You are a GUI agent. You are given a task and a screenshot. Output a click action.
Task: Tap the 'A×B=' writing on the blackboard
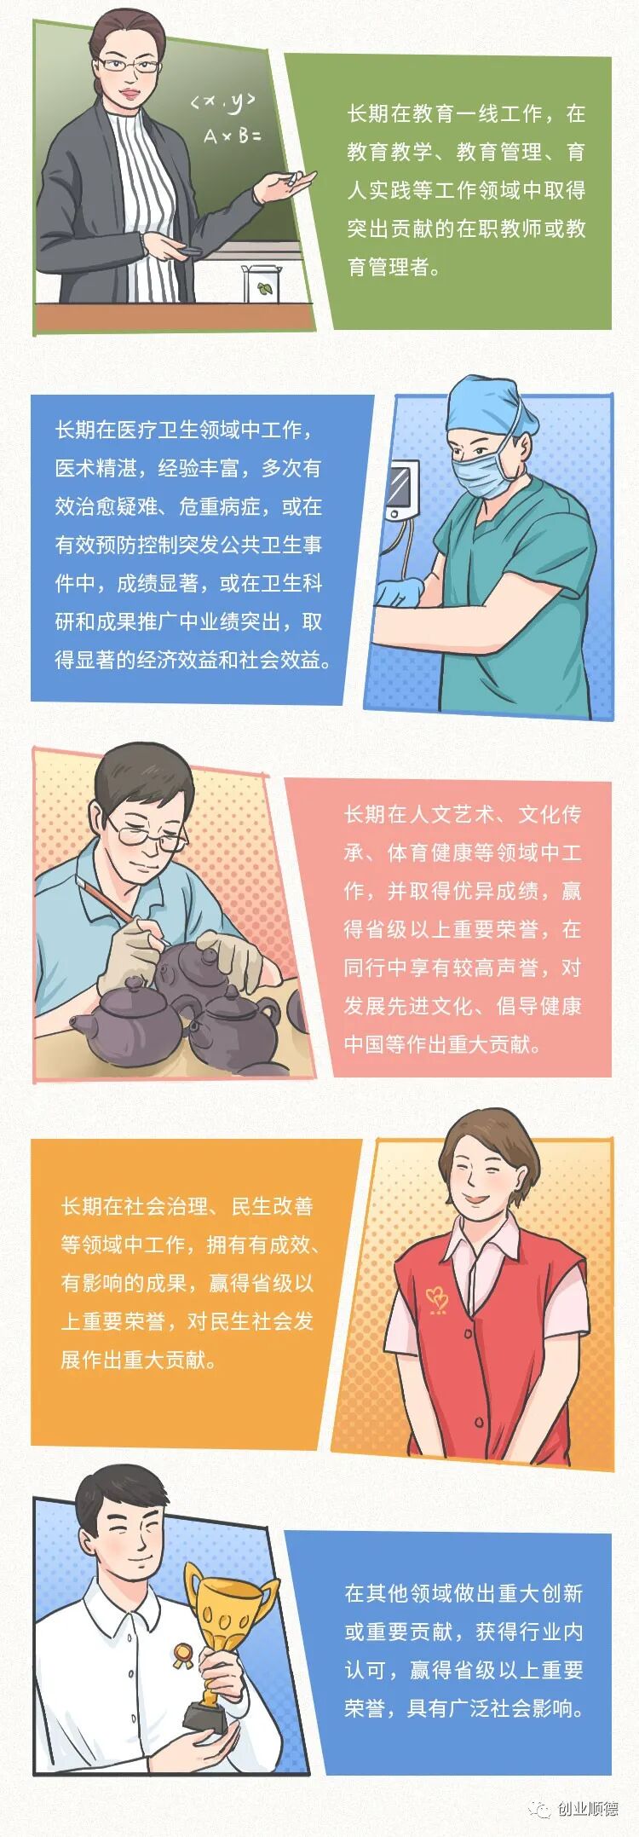click(x=232, y=135)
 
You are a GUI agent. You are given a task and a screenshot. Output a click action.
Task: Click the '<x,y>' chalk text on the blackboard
click(x=222, y=102)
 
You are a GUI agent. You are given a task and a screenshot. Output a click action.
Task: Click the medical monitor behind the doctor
click(x=402, y=490)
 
